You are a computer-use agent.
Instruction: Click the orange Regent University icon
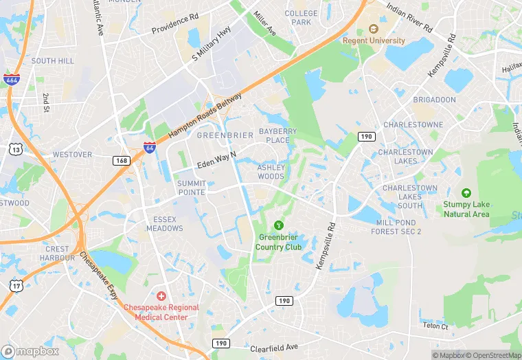(x=374, y=29)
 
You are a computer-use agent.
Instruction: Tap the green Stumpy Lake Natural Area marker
(x=466, y=193)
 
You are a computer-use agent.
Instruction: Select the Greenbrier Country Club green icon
(x=278, y=225)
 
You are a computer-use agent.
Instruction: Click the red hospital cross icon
(x=161, y=295)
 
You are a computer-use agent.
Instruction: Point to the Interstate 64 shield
(x=149, y=147)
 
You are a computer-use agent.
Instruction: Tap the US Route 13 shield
(x=15, y=148)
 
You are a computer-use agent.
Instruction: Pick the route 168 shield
(x=122, y=160)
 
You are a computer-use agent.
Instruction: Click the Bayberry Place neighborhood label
(x=277, y=135)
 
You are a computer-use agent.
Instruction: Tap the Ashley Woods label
(x=271, y=172)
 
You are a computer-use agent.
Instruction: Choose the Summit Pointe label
(x=191, y=188)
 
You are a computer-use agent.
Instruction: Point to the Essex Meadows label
(x=165, y=224)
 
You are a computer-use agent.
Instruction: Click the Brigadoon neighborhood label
(x=434, y=100)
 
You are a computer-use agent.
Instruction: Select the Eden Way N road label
(x=216, y=160)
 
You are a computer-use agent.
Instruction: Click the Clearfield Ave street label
(x=274, y=348)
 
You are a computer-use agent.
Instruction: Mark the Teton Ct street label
(x=435, y=326)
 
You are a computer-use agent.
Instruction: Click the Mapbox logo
(x=30, y=350)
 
